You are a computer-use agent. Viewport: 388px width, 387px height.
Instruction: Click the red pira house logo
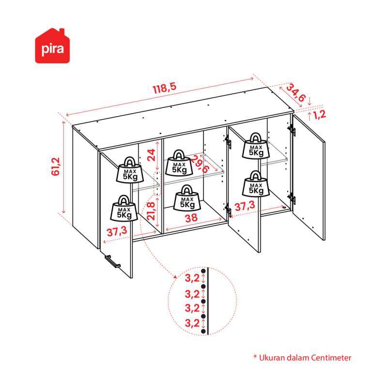(52, 46)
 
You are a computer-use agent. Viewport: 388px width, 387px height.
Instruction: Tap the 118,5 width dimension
(165, 88)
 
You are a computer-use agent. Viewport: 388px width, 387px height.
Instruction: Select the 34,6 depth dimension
(296, 93)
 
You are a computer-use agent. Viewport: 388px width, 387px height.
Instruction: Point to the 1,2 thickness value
(320, 115)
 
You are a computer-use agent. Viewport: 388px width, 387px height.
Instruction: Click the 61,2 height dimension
(56, 166)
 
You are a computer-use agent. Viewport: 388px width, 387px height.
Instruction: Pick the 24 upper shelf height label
(151, 155)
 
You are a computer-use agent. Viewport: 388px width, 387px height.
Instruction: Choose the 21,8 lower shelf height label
(151, 211)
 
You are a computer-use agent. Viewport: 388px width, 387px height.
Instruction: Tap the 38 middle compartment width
(191, 218)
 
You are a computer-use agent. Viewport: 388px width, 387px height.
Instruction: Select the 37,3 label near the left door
(117, 232)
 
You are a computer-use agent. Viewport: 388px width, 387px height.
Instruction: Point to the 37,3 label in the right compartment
(245, 206)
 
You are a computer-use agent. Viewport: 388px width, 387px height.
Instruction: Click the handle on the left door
(112, 261)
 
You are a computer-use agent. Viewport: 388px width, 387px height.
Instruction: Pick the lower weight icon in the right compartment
(256, 184)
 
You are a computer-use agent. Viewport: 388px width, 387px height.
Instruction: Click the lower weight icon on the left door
(124, 208)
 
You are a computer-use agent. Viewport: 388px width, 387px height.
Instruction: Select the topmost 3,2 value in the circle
(192, 278)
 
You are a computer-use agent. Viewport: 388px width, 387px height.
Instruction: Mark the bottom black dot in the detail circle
(203, 331)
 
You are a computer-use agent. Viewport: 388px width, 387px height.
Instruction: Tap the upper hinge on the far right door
(292, 130)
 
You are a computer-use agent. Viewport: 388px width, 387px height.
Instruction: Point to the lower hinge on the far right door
(292, 198)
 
